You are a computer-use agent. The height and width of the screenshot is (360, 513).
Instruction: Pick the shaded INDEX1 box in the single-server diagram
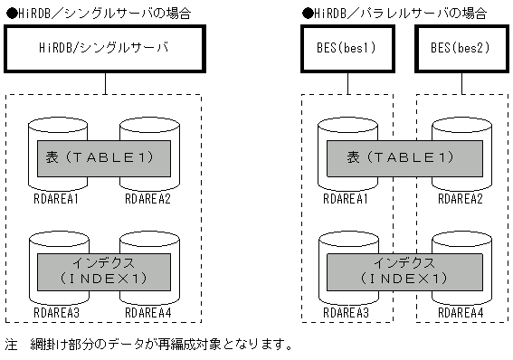pyautogui.click(x=104, y=270)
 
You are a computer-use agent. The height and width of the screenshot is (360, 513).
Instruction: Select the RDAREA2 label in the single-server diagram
pyautogui.click(x=149, y=198)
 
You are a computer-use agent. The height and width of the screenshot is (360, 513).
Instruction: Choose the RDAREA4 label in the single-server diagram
pyautogui.click(x=149, y=312)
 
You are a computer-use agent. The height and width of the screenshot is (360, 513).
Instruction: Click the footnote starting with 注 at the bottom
pyautogui.click(x=149, y=345)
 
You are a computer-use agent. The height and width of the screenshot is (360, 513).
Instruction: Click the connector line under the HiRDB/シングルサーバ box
pyautogui.click(x=105, y=83)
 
